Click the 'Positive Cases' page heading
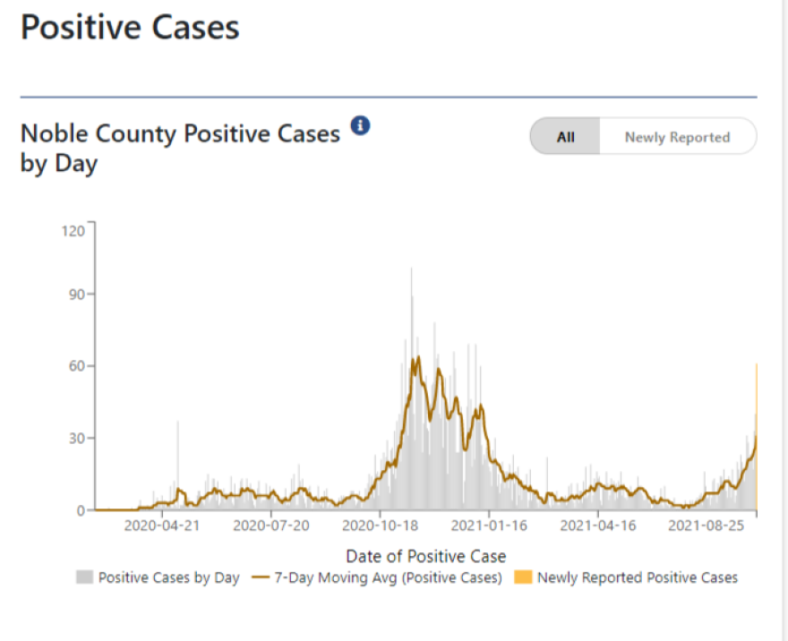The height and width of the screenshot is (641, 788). pos(130,27)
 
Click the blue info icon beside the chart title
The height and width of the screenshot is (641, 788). pos(360,125)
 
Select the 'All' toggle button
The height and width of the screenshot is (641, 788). pos(565,137)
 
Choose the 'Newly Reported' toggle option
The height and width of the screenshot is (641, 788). pos(677,137)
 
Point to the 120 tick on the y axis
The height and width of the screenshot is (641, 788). pos(73,231)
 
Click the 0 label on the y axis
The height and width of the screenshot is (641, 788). pos(80,510)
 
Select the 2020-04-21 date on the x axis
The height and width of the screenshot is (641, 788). pos(162,526)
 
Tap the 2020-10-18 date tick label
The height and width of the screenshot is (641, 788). pos(381,526)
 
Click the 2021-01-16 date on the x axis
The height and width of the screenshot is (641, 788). pos(489,526)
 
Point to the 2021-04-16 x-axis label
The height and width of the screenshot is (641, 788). pos(598,526)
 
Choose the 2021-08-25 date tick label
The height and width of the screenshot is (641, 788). pos(707,526)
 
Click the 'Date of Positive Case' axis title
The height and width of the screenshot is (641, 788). pos(425,556)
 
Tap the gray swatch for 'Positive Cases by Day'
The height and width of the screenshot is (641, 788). pos(84,577)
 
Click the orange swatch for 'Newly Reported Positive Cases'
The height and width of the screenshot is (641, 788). pos(523,577)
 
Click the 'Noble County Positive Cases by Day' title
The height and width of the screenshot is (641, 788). pos(180,149)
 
